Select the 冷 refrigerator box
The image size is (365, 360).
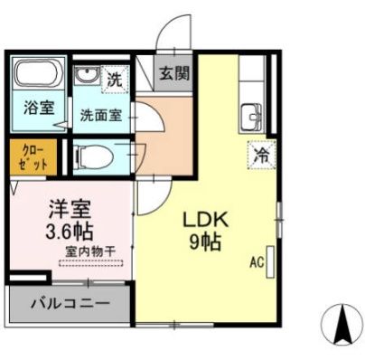(x=260, y=155)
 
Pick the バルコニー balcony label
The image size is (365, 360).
(x=72, y=304)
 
